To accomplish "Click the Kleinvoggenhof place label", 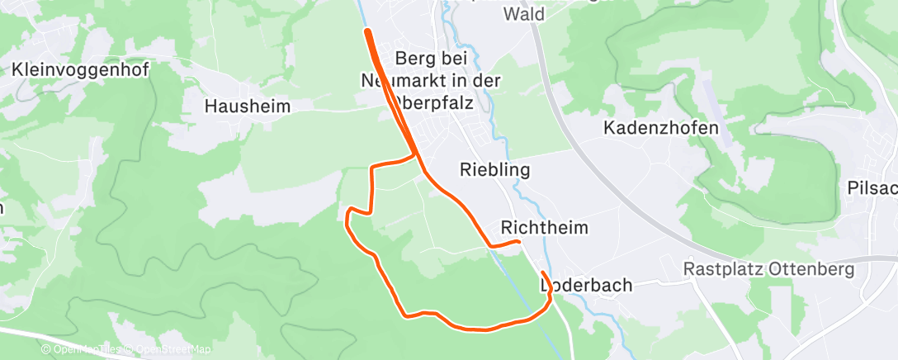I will (x=80, y=70).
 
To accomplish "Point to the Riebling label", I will (x=494, y=169).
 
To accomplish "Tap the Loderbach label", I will (x=586, y=285).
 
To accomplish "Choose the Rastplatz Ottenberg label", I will (x=768, y=270).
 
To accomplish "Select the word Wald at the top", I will (x=523, y=14).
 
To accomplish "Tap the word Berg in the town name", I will (x=414, y=59).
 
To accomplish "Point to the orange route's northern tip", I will (x=366, y=31).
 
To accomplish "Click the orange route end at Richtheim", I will (x=518, y=241).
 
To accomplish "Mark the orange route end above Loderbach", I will (x=542, y=272).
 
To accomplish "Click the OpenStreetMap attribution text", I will (x=173, y=349).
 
